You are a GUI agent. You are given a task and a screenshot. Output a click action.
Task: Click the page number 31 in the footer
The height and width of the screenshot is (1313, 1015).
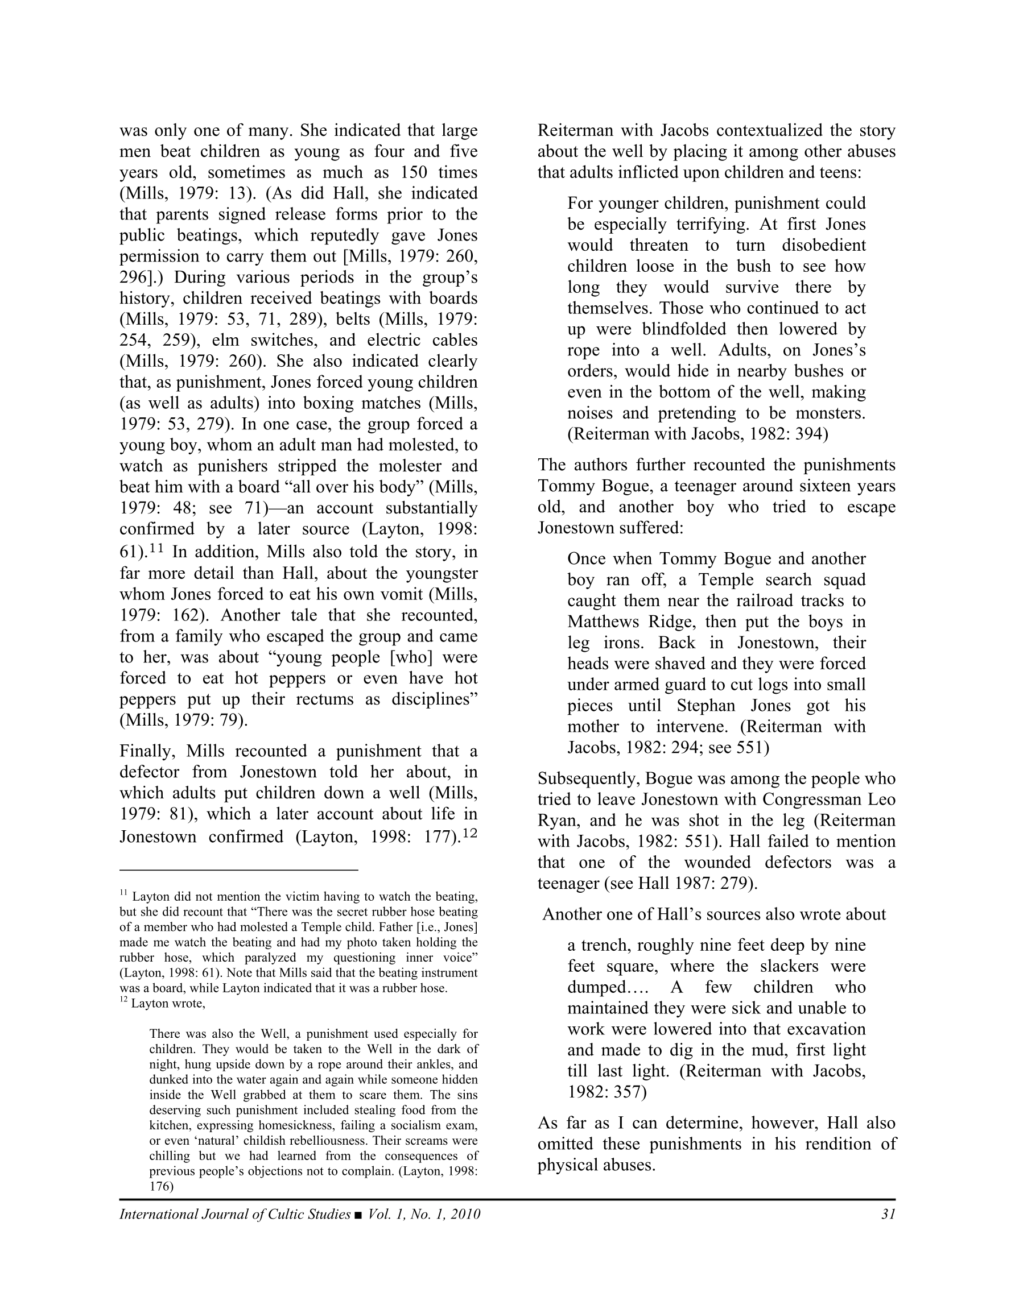888,1214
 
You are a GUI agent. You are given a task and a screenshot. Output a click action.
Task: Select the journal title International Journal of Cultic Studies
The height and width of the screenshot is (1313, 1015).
234,1214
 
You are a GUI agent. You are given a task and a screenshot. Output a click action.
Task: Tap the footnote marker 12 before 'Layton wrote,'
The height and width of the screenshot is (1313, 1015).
123,1000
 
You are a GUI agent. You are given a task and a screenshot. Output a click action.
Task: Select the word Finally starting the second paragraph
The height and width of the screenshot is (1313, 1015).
147,752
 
